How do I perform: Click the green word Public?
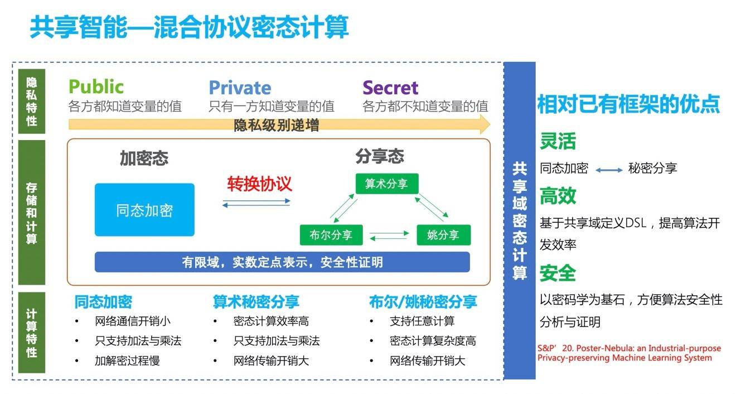tap(96, 87)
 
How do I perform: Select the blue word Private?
tap(240, 88)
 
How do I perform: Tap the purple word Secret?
tap(390, 88)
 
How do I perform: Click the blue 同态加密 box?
tap(144, 210)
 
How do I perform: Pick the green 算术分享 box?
tap(386, 184)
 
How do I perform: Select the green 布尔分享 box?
tap(331, 235)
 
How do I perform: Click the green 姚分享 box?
tap(443, 235)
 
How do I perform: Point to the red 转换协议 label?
tap(259, 184)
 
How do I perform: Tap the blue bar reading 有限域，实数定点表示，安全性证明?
tap(282, 262)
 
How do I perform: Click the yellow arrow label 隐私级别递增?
tap(277, 125)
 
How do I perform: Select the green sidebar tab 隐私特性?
tap(32, 102)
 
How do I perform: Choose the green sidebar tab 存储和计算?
tap(32, 213)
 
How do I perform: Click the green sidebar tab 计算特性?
tap(32, 333)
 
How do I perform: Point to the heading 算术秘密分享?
tap(256, 302)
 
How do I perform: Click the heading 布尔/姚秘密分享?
tap(423, 302)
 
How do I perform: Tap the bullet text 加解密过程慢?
tap(127, 361)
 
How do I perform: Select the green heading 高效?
tap(558, 196)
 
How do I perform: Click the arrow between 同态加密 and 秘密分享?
tap(608, 169)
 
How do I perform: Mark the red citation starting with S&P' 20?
tap(629, 353)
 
